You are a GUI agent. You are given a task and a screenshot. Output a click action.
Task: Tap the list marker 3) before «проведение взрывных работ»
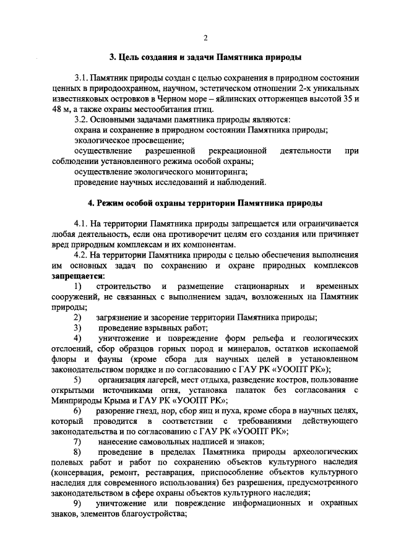point(77,328)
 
